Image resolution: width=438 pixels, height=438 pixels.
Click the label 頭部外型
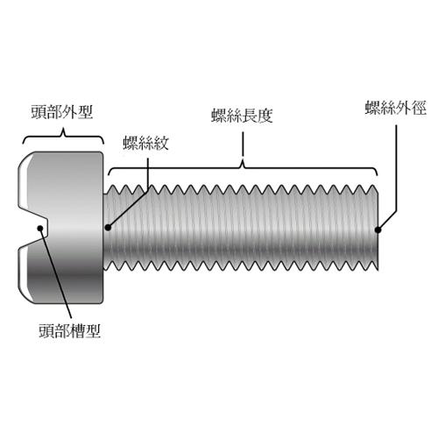coord(62,112)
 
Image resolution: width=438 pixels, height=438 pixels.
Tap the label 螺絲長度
coord(242,116)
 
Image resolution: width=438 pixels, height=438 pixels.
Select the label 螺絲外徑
coord(396,108)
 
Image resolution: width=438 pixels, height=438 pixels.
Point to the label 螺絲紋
coord(146,143)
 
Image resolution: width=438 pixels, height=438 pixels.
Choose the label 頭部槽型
coord(70,331)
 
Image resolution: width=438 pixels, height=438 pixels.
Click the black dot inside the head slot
coord(40,228)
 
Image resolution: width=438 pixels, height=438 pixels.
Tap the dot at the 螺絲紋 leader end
coord(108,227)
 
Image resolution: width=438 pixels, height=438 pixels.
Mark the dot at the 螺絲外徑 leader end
coord(378,230)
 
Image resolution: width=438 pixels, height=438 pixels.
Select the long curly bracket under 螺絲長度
coord(243,167)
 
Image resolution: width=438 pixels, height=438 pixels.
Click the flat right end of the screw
coord(378,228)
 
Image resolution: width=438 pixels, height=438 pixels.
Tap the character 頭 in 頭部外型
coord(39,112)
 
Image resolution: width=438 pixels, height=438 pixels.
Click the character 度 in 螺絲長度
coord(265,116)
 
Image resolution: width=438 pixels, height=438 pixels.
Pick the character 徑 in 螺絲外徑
coord(419,108)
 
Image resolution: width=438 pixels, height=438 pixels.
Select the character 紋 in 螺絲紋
coord(161,143)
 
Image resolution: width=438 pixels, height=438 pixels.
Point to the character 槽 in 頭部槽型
coord(78,331)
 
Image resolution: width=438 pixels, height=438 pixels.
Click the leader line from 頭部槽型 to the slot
coord(56,273)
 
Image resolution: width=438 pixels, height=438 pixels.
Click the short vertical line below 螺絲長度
coord(243,145)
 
